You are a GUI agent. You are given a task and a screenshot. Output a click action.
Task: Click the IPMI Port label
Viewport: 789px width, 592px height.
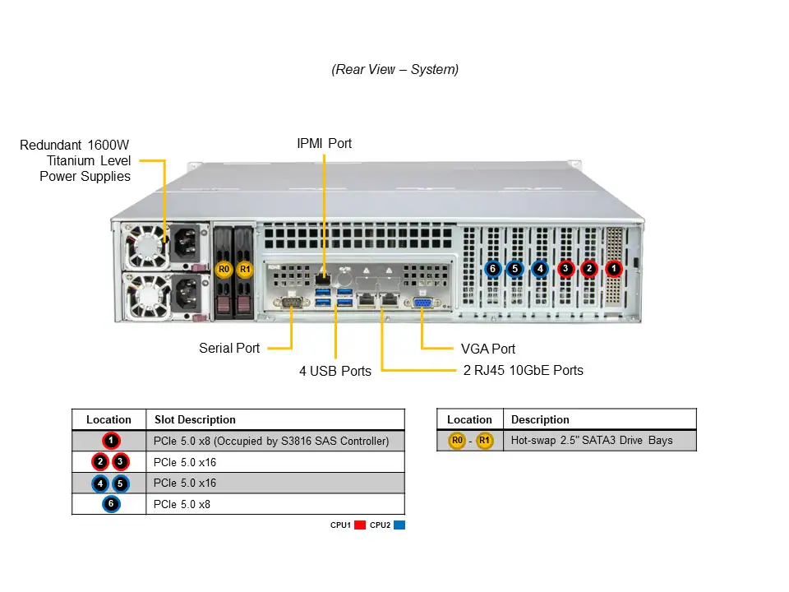tap(324, 143)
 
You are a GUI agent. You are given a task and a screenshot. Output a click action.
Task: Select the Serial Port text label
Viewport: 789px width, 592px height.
tap(229, 348)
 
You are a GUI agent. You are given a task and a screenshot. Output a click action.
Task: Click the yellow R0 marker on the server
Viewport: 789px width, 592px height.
tap(224, 269)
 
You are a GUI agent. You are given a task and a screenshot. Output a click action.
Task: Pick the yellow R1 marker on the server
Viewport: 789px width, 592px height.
tap(243, 269)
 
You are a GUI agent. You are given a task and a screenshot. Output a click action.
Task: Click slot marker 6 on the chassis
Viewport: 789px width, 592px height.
tap(492, 268)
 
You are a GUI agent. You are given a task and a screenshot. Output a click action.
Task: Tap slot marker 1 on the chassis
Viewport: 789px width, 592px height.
tap(613, 268)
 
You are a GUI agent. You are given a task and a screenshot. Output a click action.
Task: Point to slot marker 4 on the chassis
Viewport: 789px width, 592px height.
tap(540, 268)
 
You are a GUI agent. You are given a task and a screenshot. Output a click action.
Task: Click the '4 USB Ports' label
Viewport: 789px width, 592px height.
tap(335, 371)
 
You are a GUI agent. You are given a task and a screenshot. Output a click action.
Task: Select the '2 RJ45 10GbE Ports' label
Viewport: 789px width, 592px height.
tap(524, 370)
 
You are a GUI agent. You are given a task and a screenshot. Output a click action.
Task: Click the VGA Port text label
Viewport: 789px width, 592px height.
tap(488, 349)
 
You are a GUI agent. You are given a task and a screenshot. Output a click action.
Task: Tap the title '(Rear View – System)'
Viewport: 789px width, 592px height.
tap(395, 70)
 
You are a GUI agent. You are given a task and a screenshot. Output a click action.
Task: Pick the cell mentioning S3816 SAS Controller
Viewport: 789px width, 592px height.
tap(271, 441)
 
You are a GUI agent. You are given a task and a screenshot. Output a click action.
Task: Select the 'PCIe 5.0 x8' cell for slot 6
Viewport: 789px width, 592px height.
tap(182, 504)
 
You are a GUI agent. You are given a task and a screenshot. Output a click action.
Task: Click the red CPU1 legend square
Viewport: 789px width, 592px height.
tap(359, 525)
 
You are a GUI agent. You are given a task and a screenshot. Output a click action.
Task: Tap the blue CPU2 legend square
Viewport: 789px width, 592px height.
tap(399, 525)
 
